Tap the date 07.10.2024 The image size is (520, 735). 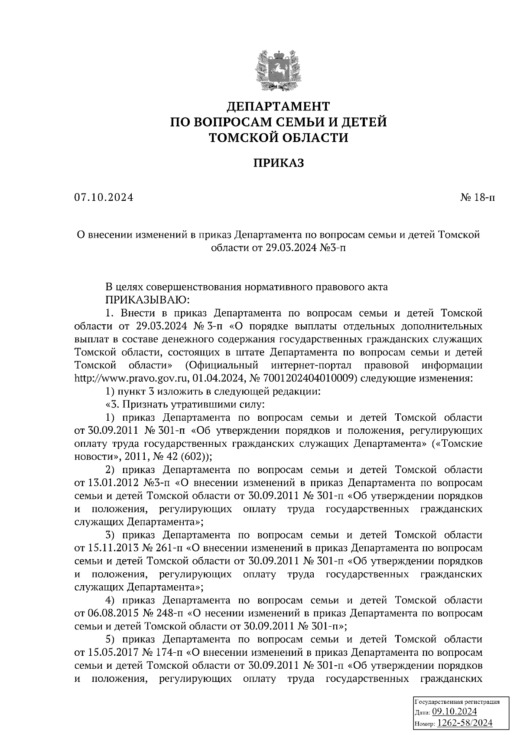click(x=104, y=198)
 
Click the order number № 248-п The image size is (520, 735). click(x=166, y=613)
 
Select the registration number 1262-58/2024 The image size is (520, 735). click(x=465, y=723)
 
